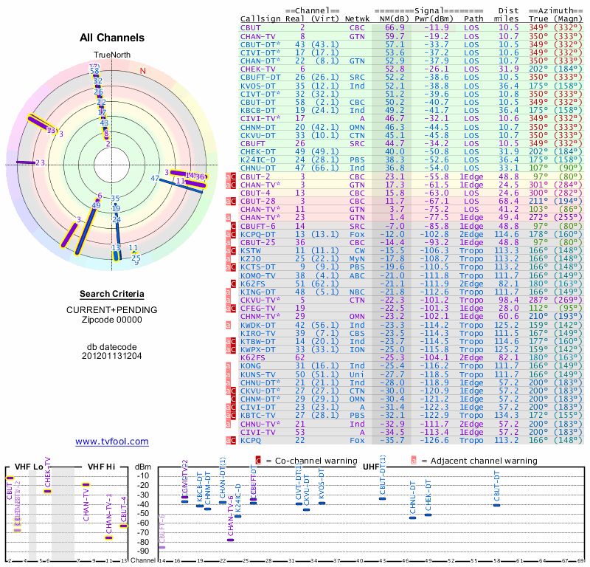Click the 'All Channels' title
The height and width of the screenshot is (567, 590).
[111, 38]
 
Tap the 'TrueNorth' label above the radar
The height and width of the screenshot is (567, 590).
[111, 55]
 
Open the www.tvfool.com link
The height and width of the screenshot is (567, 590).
[111, 441]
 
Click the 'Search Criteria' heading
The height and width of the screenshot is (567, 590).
[111, 294]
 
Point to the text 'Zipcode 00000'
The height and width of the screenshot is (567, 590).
[111, 320]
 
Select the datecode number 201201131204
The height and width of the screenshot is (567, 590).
[111, 355]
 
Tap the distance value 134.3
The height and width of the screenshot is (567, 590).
[508, 415]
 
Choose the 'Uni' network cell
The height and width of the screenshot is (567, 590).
[357, 374]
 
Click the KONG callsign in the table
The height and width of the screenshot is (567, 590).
[251, 365]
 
